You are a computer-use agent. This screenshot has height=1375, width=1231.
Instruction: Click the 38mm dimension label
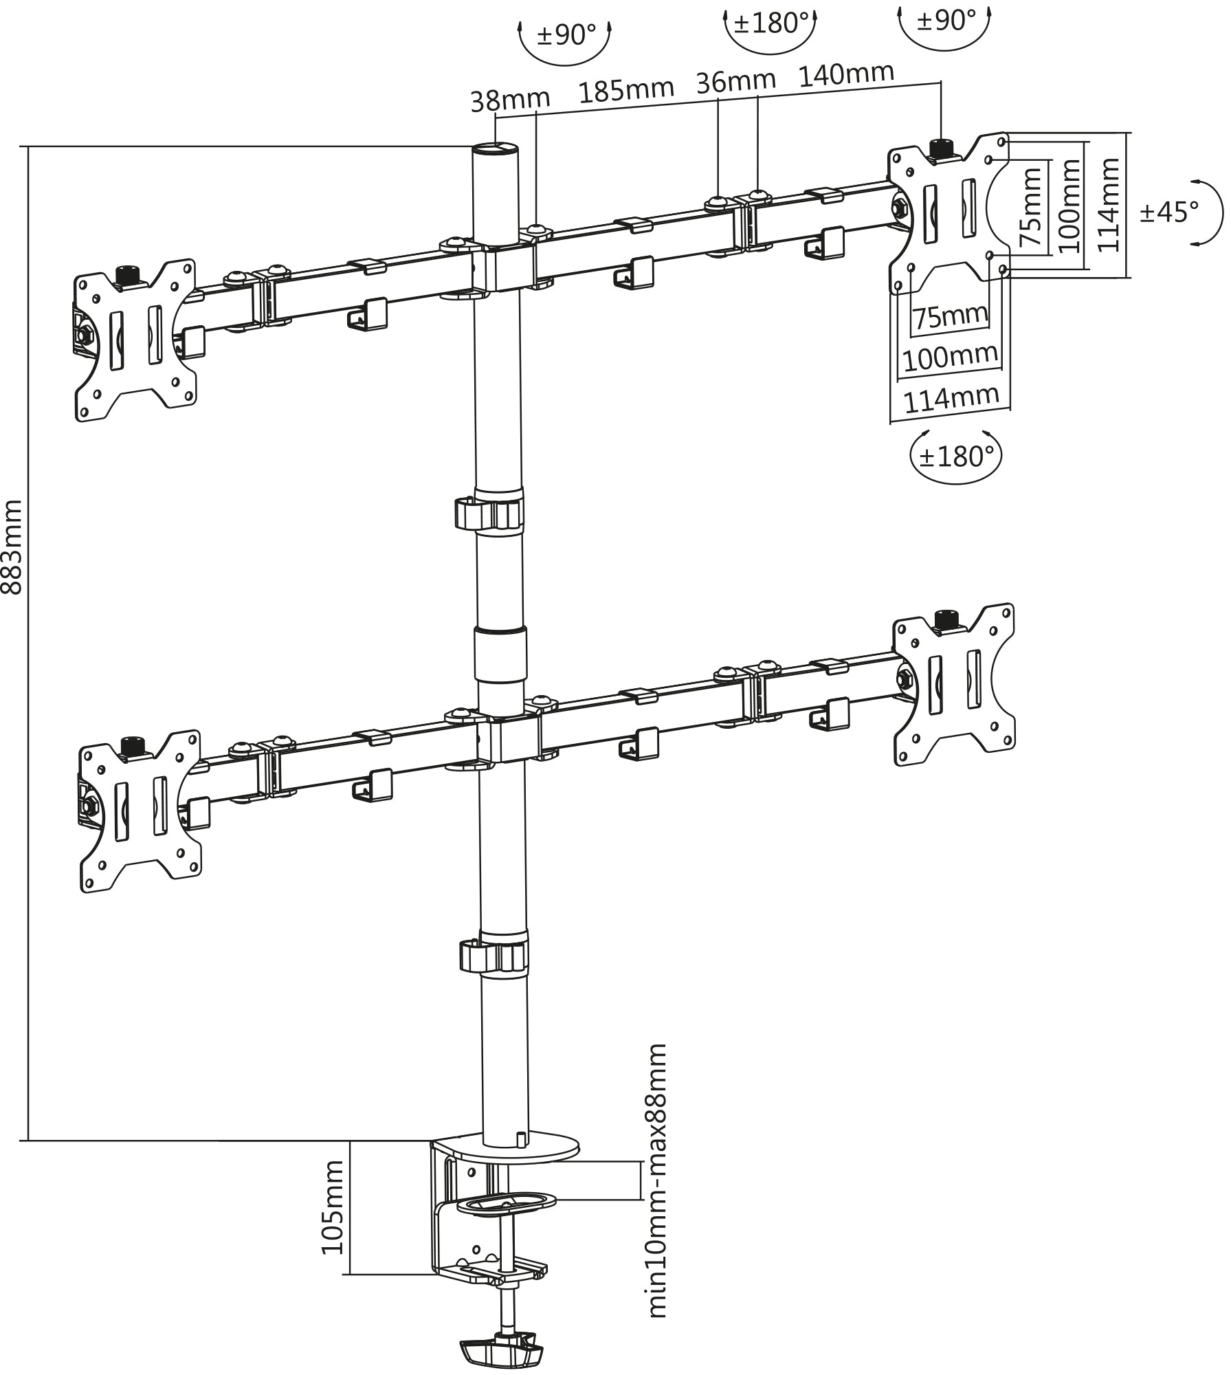point(510,100)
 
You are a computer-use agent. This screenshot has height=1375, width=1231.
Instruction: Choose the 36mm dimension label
point(735,82)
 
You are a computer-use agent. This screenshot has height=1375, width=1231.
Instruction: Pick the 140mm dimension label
point(846,73)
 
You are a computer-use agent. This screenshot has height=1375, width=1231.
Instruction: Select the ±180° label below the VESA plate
point(956,456)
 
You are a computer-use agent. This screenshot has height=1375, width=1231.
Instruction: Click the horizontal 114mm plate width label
point(951,398)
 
